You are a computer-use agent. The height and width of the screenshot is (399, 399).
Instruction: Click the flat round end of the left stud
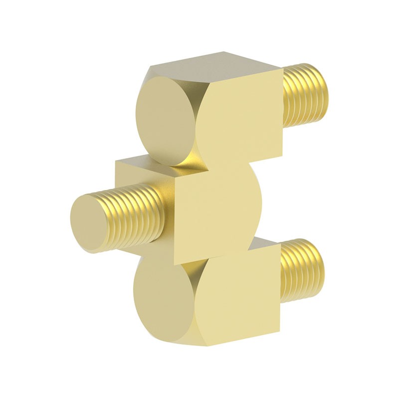(x=90, y=222)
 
